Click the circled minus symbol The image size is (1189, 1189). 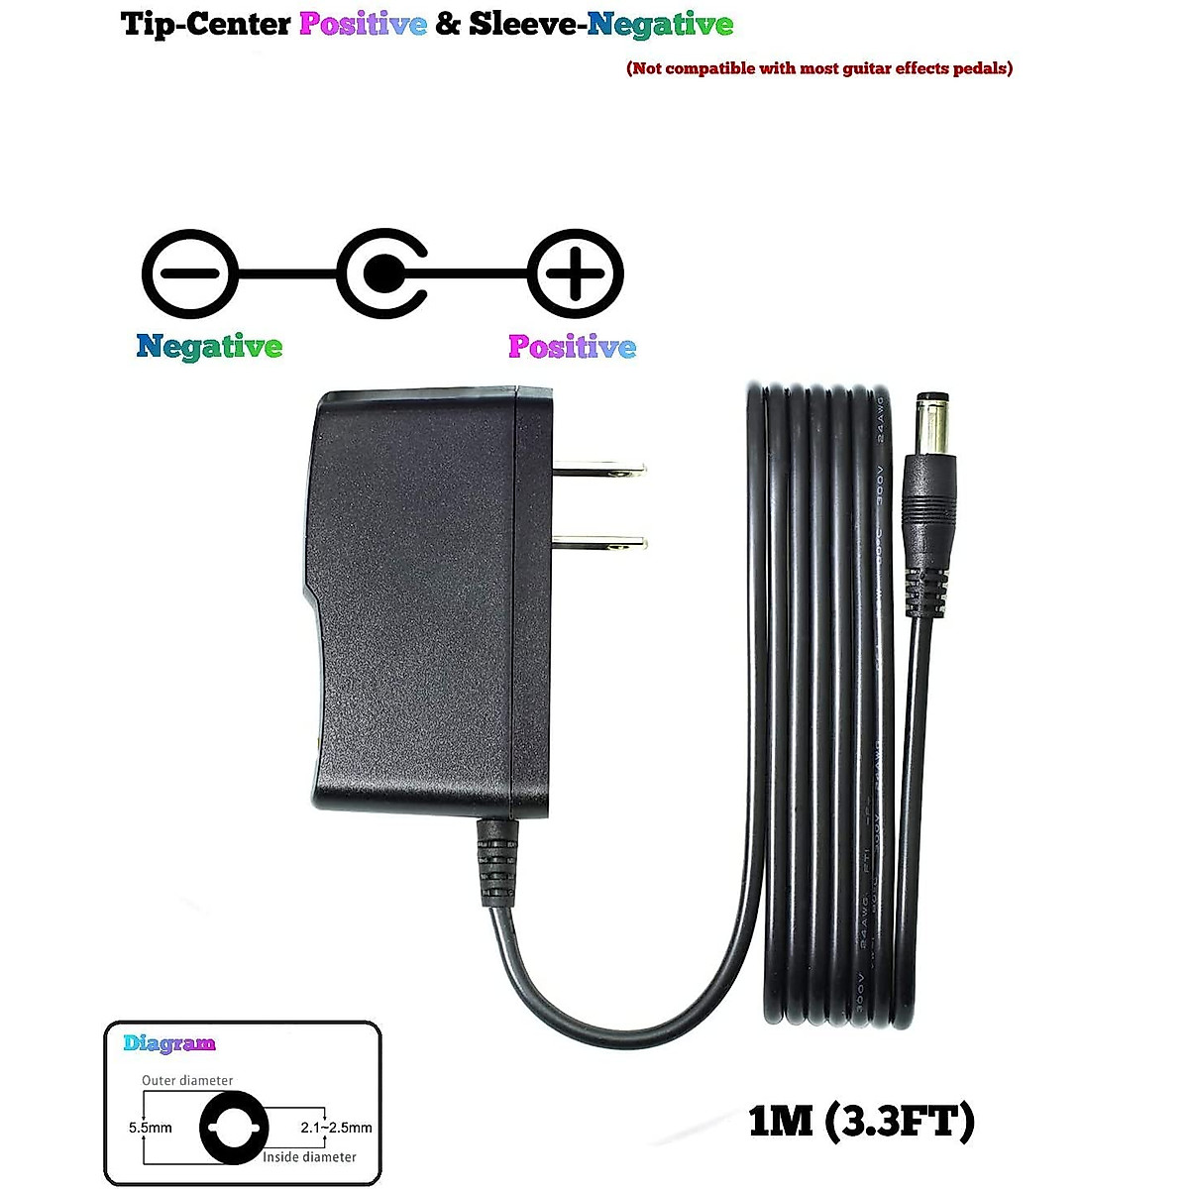tap(190, 274)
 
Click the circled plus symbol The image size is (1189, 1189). tap(575, 274)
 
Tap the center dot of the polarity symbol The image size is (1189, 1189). tap(381, 274)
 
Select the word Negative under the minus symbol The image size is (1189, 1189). tap(209, 347)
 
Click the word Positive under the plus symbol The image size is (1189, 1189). tap(572, 347)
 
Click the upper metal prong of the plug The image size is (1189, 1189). tap(598, 469)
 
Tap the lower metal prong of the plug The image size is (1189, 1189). tap(598, 542)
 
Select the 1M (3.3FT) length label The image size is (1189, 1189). tap(862, 1121)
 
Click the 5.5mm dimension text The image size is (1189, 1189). tap(151, 1128)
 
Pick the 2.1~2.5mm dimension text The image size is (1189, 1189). tap(336, 1128)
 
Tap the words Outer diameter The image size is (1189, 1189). tap(187, 1081)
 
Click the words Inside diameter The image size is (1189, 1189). tap(309, 1156)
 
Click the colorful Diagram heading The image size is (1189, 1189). tap(169, 1043)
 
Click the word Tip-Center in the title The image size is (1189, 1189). tap(206, 24)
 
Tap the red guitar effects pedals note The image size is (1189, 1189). tap(819, 68)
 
